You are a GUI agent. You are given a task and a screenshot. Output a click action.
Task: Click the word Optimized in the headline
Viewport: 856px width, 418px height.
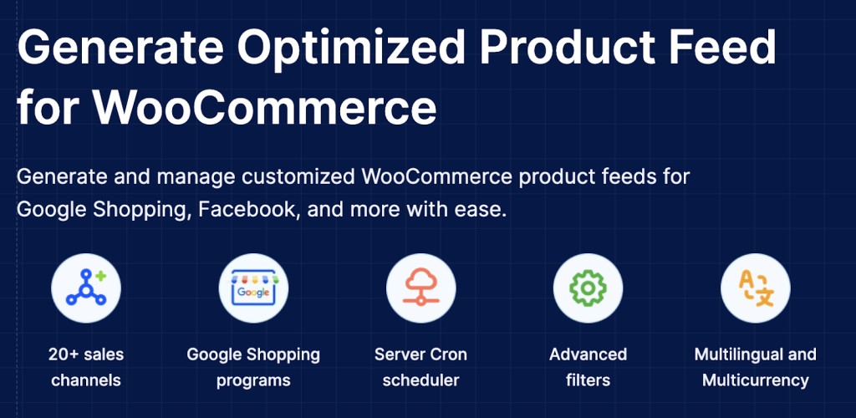[351, 48]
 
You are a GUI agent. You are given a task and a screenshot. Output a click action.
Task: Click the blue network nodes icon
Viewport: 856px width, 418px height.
[86, 288]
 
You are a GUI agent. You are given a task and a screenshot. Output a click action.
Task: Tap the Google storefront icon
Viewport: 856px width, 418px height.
[253, 288]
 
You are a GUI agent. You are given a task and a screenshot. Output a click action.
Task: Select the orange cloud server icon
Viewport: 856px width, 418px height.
[420, 288]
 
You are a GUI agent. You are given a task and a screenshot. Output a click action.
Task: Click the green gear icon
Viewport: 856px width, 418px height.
[588, 288]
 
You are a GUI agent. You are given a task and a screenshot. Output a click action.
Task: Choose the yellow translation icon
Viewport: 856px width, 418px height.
[756, 288]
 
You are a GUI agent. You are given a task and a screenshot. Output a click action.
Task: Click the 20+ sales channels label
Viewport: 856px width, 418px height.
[86, 367]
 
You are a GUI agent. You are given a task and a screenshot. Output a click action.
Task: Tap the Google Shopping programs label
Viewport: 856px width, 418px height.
[253, 367]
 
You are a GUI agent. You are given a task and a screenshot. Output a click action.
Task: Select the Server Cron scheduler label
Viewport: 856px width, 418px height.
[421, 367]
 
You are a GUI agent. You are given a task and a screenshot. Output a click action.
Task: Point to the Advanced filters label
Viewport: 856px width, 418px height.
[588, 367]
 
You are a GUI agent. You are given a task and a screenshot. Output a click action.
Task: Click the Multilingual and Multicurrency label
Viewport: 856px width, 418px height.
[756, 367]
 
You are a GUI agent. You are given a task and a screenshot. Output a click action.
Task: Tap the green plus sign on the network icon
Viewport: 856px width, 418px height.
[100, 276]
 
